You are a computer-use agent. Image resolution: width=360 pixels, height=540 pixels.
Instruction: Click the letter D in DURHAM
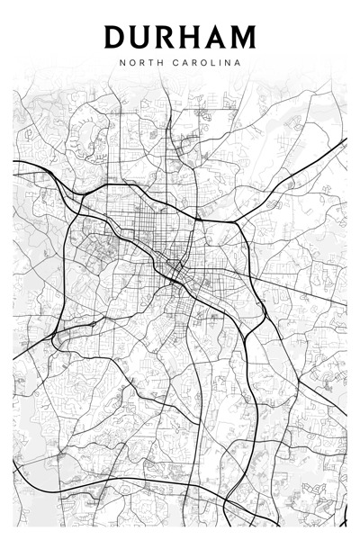[x=115, y=37]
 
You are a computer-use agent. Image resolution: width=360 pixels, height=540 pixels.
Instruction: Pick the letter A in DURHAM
[x=218, y=37]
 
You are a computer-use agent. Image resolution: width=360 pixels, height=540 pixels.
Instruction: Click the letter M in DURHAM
[x=245, y=37]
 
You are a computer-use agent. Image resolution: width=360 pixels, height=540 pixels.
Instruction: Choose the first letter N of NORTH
[x=121, y=63]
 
